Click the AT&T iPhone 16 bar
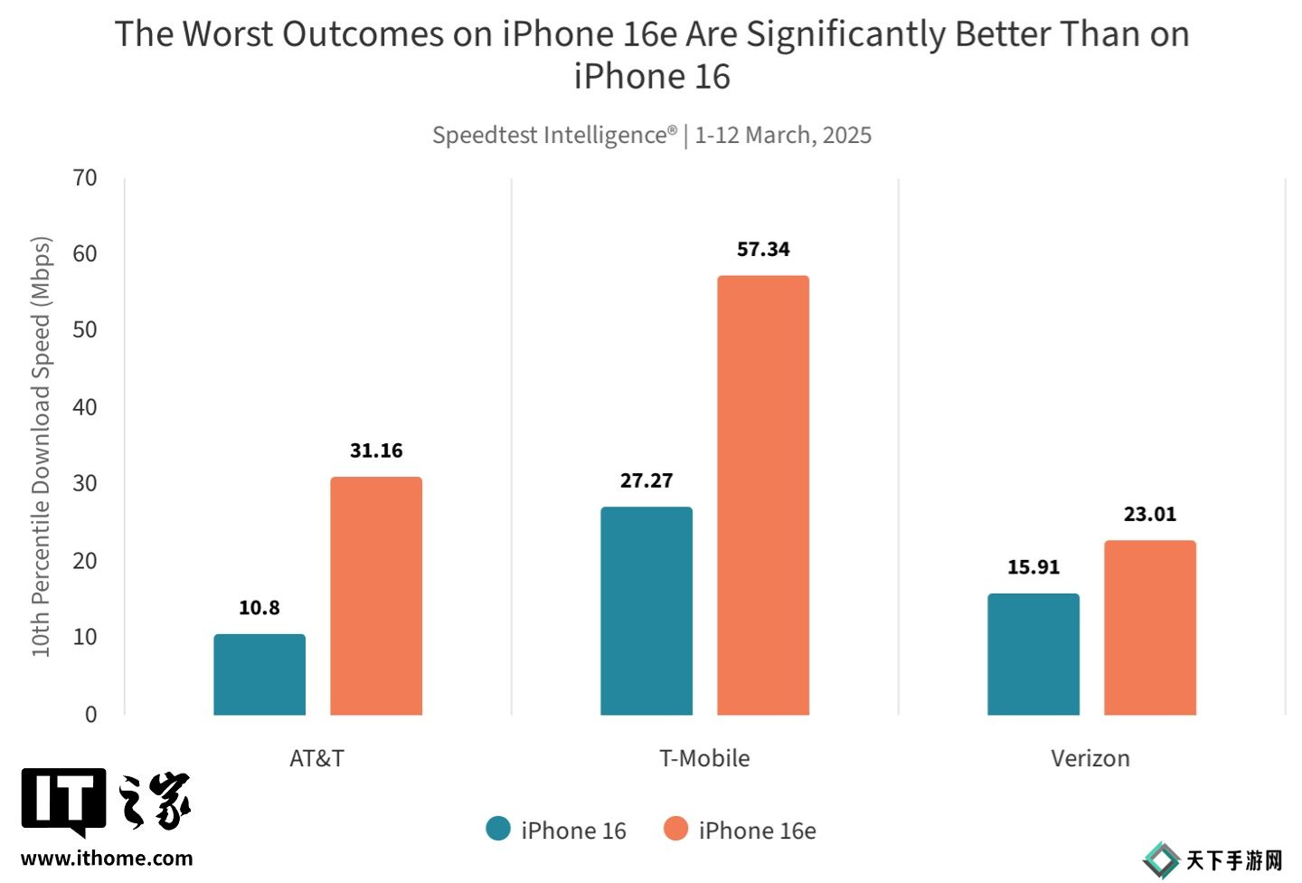point(259,674)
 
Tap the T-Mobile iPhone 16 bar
point(646,611)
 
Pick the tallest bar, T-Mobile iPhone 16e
point(763,495)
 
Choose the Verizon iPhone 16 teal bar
point(1033,654)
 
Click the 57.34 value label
point(763,249)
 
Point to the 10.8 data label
point(259,608)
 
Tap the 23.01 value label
point(1150,514)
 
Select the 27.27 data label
point(646,480)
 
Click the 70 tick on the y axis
point(85,178)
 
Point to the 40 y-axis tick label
point(85,407)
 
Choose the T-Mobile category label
point(704,758)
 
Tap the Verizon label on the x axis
point(1090,758)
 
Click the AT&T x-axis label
point(316,758)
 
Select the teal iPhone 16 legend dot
point(498,829)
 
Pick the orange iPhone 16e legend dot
point(675,829)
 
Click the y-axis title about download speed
point(41,447)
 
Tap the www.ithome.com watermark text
point(107,859)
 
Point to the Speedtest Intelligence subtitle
point(651,135)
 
